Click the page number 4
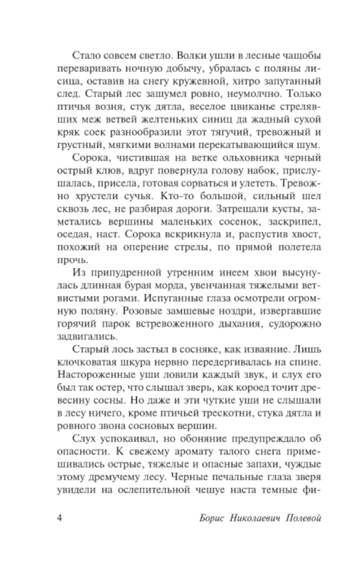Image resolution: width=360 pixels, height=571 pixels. (x=60, y=519)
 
